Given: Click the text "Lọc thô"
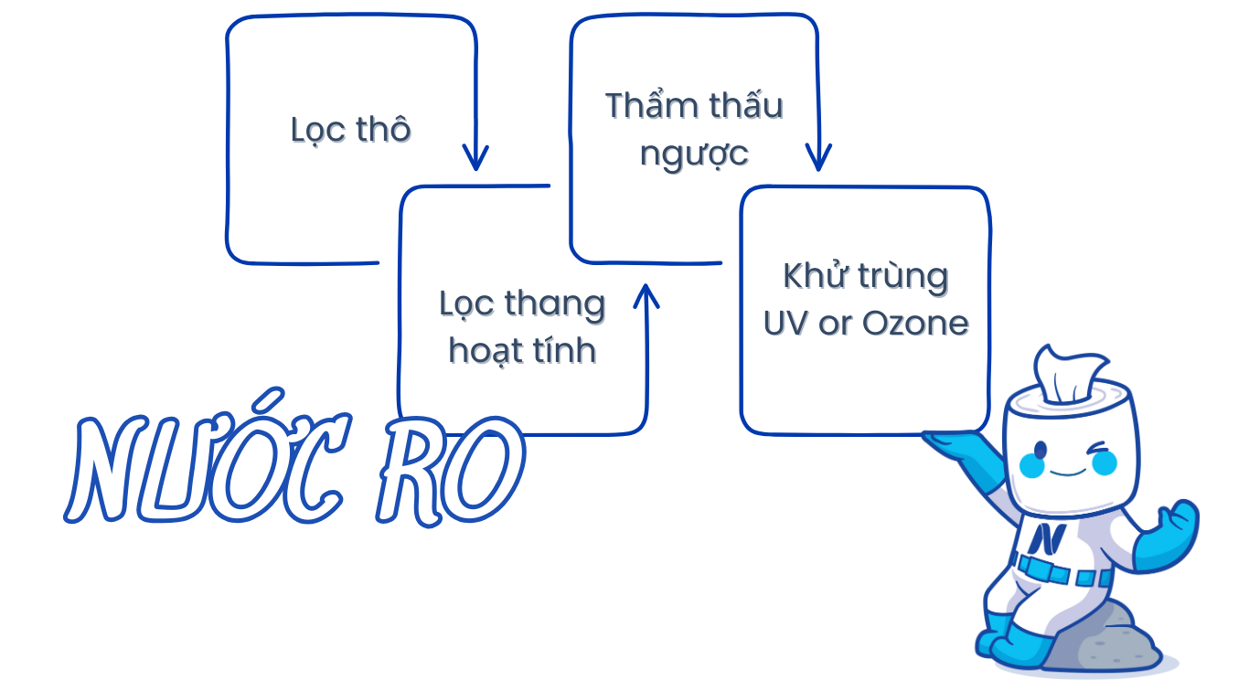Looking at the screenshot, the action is pyautogui.click(x=351, y=131).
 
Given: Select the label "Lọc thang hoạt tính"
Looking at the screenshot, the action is pyautogui.click(x=522, y=327).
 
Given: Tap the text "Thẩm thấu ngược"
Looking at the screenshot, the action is pyautogui.click(x=694, y=129).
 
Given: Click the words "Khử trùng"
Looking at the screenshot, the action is pyautogui.click(x=865, y=276).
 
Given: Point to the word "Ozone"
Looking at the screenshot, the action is pyautogui.click(x=915, y=324).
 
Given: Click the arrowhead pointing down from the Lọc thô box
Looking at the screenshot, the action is pyautogui.click(x=475, y=158).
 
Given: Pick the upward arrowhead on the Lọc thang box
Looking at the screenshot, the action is pyautogui.click(x=646, y=296).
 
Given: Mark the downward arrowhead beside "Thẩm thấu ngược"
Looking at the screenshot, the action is pyautogui.click(x=818, y=158).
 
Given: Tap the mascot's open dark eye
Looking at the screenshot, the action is pyautogui.click(x=1041, y=450).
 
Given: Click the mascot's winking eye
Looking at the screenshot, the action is pyautogui.click(x=1097, y=448).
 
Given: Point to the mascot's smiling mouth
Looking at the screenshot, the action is pyautogui.click(x=1068, y=473).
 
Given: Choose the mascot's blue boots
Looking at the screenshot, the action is pyautogui.click(x=1010, y=641).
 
